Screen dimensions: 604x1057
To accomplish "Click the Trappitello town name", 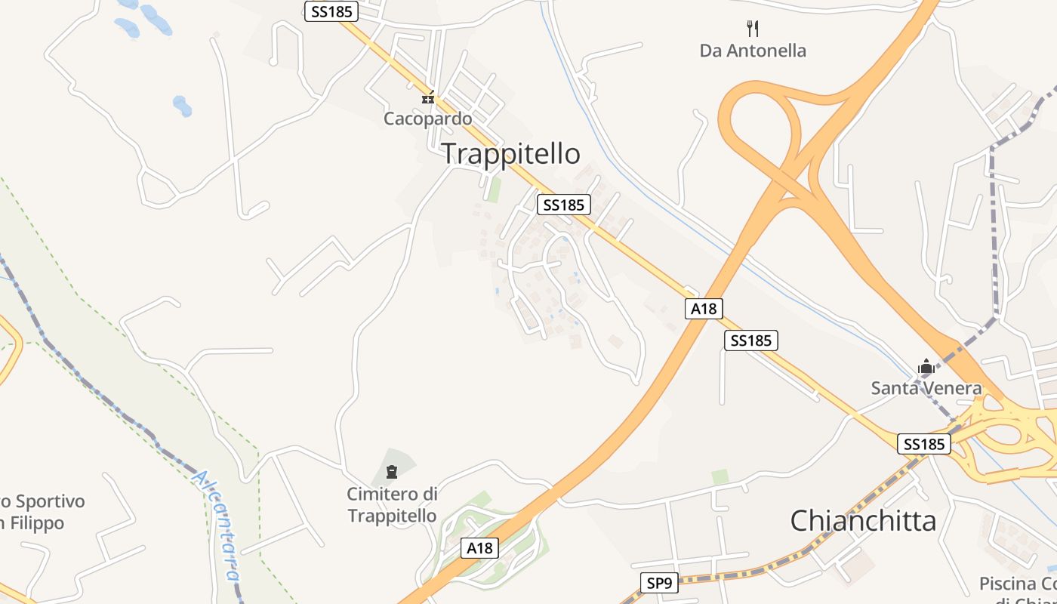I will click(x=510, y=153).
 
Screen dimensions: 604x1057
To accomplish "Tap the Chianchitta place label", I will click(x=863, y=520).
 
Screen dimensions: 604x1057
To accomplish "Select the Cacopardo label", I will click(x=427, y=119).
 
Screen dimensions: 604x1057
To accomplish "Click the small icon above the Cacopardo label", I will click(x=428, y=97).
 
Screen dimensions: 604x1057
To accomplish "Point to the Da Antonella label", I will click(x=753, y=51).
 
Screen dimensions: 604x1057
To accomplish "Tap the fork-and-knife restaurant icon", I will click(x=752, y=29).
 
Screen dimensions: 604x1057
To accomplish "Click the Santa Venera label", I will click(x=926, y=388).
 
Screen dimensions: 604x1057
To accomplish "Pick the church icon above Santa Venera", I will click(x=926, y=367).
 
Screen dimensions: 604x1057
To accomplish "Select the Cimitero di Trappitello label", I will click(x=392, y=504).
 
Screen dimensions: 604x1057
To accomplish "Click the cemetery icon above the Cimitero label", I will click(x=391, y=473).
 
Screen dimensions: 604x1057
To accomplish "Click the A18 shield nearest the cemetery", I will click(x=479, y=548).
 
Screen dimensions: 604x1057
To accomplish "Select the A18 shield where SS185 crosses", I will click(x=704, y=308).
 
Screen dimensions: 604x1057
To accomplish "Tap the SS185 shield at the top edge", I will click(x=331, y=11).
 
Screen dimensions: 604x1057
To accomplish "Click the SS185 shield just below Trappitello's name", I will click(x=563, y=205).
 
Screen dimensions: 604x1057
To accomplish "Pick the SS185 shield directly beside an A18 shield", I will click(x=750, y=341).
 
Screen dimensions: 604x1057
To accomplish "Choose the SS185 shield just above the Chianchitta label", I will click(x=923, y=444).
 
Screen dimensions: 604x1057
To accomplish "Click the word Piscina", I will click(x=1007, y=584).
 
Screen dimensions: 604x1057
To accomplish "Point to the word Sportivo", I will click(x=50, y=501).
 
